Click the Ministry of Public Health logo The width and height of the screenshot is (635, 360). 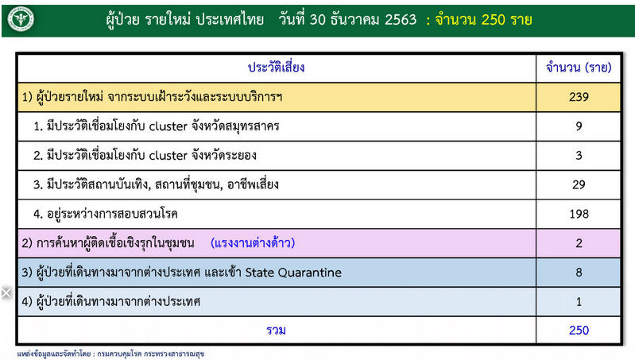[x=21, y=18]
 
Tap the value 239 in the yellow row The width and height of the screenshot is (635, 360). [x=579, y=97]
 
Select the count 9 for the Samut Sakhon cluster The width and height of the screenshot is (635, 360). [x=579, y=126]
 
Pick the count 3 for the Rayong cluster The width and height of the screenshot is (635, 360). [x=579, y=156]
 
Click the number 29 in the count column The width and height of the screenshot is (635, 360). [x=579, y=184]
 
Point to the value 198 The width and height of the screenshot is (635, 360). [x=579, y=214]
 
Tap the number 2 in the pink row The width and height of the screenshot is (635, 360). [x=579, y=243]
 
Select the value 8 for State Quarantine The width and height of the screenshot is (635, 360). [x=579, y=272]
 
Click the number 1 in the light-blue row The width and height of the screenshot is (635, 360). [x=579, y=302]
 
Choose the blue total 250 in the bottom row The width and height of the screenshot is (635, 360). [x=579, y=331]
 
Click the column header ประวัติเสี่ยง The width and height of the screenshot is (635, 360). [x=277, y=67]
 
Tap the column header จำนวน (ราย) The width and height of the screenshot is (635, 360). [x=579, y=68]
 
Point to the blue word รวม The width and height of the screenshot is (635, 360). [x=277, y=331]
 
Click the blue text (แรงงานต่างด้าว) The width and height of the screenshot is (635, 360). [x=253, y=243]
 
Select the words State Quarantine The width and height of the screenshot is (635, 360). [x=293, y=273]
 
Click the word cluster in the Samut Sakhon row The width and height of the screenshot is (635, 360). [x=168, y=126]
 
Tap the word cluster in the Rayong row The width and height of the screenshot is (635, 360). [x=168, y=156]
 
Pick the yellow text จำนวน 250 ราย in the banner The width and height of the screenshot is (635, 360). [x=483, y=19]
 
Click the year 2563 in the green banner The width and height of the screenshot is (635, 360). [x=401, y=19]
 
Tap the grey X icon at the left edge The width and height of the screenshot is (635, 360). [x=6, y=292]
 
